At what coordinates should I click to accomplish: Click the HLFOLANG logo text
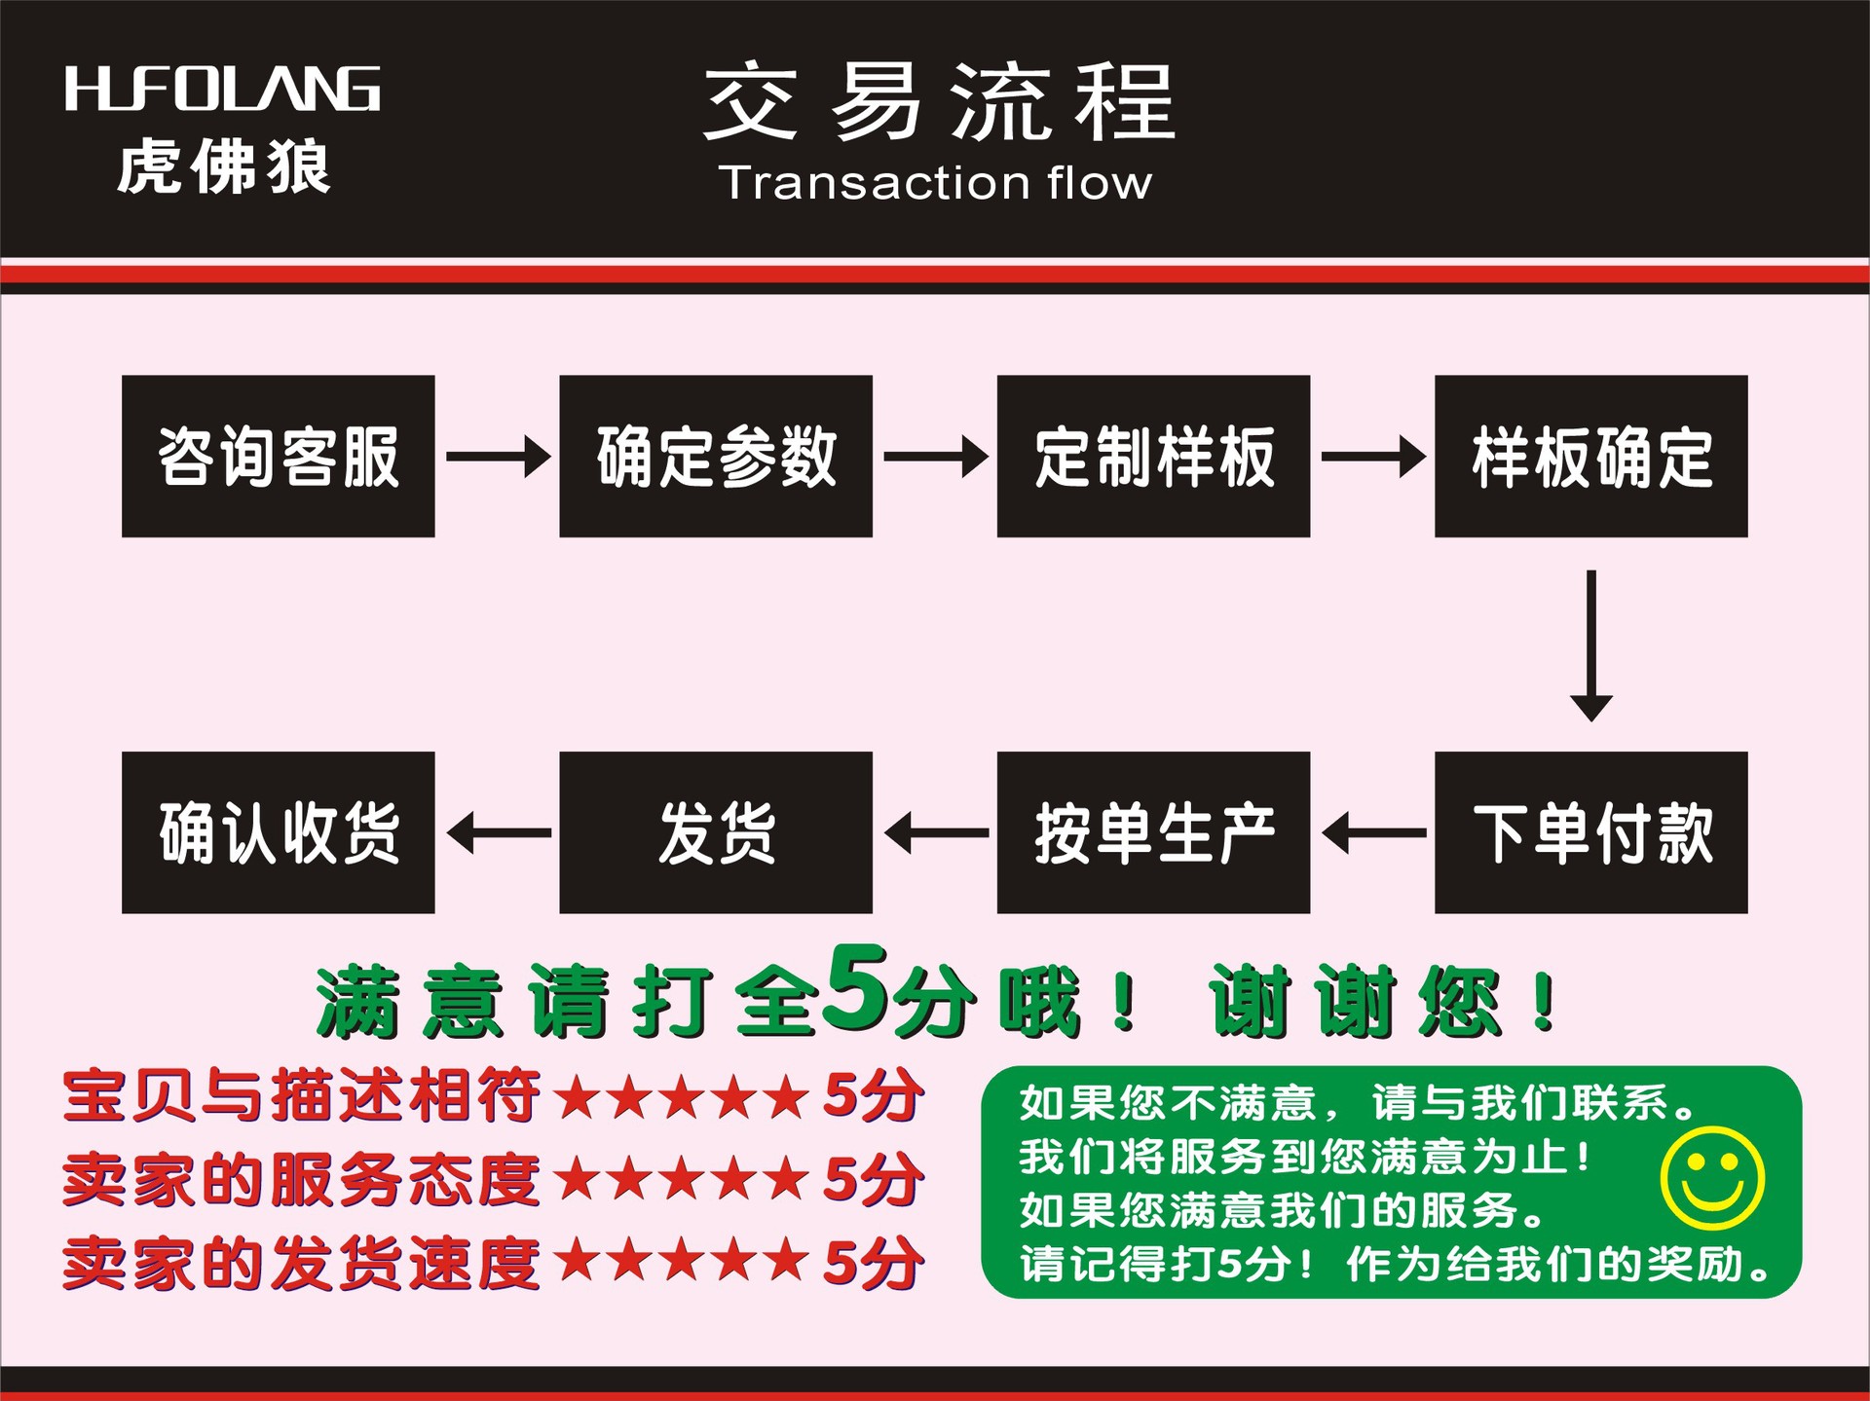click(222, 90)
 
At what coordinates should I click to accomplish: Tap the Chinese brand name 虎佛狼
click(224, 167)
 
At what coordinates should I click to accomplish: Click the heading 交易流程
click(940, 101)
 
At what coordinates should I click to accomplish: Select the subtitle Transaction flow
click(935, 183)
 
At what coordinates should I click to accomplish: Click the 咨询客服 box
click(278, 456)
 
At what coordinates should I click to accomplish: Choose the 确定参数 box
click(716, 456)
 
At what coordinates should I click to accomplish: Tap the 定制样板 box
click(1153, 456)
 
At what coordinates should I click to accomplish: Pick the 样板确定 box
click(1590, 456)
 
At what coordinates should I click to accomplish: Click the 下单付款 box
click(1590, 832)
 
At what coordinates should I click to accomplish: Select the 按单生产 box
click(1153, 832)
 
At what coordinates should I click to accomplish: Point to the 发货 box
click(716, 832)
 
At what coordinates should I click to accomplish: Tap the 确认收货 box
click(278, 832)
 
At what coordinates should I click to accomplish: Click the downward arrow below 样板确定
click(1590, 645)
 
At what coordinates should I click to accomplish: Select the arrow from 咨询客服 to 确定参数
click(498, 456)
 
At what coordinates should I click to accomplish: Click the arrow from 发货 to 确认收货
click(498, 833)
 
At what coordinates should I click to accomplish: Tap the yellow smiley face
click(1712, 1178)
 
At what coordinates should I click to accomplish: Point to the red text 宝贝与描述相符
click(301, 1095)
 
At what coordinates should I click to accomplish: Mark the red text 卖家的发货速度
click(301, 1263)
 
